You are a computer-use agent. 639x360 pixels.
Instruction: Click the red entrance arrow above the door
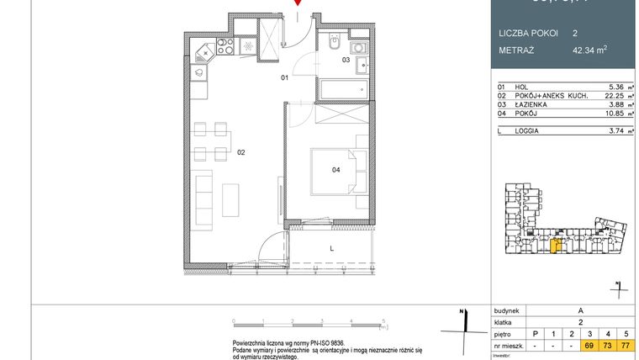point(296,3)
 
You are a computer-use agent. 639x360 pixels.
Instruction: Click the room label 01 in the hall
point(285,77)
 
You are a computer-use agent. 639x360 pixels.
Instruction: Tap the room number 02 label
point(240,152)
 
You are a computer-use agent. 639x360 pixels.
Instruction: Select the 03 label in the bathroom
point(346,60)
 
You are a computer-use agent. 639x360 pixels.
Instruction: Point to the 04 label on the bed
point(335,170)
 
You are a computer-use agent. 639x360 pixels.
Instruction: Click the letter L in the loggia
point(332,248)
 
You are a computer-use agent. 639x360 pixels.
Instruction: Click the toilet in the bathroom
point(333,40)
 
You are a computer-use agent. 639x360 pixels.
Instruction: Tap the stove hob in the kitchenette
point(227,46)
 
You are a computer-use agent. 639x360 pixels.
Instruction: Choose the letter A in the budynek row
point(579,310)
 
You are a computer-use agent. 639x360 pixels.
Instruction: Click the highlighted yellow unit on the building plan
point(556,245)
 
